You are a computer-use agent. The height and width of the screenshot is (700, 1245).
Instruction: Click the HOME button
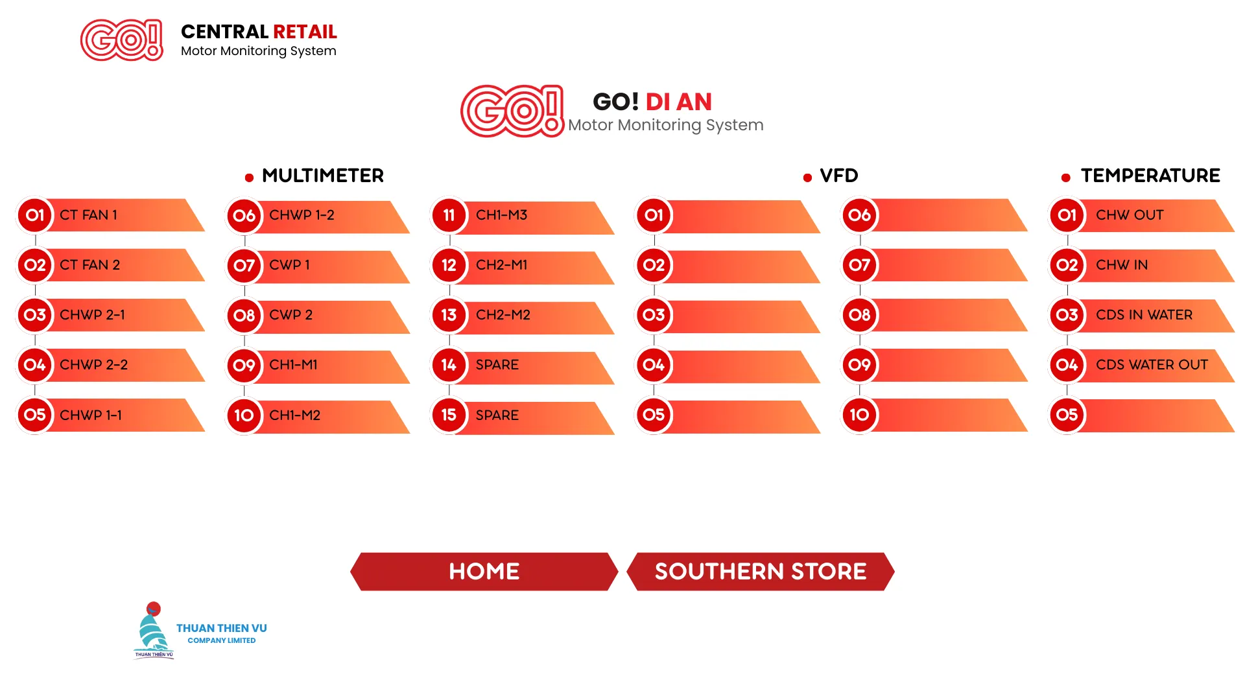pos(484,571)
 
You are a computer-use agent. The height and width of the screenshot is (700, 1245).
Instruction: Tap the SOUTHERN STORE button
pos(761,571)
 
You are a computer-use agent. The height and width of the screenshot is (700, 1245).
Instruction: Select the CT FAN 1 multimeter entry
pos(110,215)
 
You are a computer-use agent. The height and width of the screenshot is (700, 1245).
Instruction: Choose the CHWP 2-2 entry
pos(110,365)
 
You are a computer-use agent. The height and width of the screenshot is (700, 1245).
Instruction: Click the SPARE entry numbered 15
pos(523,415)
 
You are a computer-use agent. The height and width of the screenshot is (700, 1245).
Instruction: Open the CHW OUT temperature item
pos(1141,215)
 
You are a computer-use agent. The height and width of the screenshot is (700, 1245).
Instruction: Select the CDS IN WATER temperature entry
pos(1141,315)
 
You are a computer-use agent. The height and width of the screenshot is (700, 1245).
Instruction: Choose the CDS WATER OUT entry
pos(1141,365)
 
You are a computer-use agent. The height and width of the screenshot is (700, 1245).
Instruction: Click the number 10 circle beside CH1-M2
pos(244,415)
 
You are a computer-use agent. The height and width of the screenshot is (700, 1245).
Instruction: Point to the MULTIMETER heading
pos(323,176)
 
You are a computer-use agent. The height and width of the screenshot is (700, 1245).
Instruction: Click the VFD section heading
pos(839,176)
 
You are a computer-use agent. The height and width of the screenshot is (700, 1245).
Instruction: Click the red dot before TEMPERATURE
pos(1066,178)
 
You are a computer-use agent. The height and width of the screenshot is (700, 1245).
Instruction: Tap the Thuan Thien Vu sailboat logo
pos(154,630)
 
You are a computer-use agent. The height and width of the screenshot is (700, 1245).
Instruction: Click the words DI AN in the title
pos(679,102)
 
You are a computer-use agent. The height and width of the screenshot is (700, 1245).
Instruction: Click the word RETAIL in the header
pos(305,32)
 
